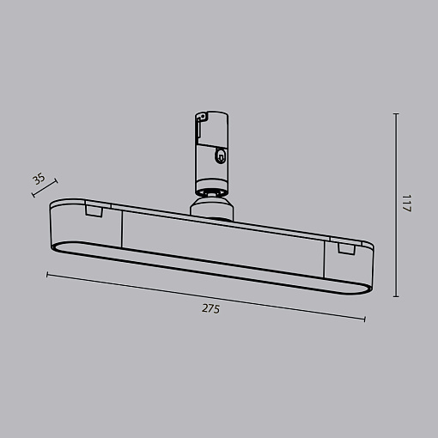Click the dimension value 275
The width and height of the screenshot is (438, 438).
click(x=211, y=309)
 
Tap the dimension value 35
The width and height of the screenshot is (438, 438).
click(x=39, y=179)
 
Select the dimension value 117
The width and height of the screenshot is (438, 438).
click(x=406, y=204)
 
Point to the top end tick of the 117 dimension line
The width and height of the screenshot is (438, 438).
click(x=396, y=113)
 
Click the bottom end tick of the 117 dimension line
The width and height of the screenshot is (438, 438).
click(x=396, y=296)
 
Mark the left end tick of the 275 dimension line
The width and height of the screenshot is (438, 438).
click(x=47, y=275)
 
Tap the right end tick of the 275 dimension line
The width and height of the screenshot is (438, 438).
click(x=365, y=319)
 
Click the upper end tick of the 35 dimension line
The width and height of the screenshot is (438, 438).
click(x=56, y=181)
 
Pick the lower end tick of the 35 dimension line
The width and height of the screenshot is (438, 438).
click(x=33, y=195)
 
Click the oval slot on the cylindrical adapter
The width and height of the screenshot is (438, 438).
click(x=221, y=156)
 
